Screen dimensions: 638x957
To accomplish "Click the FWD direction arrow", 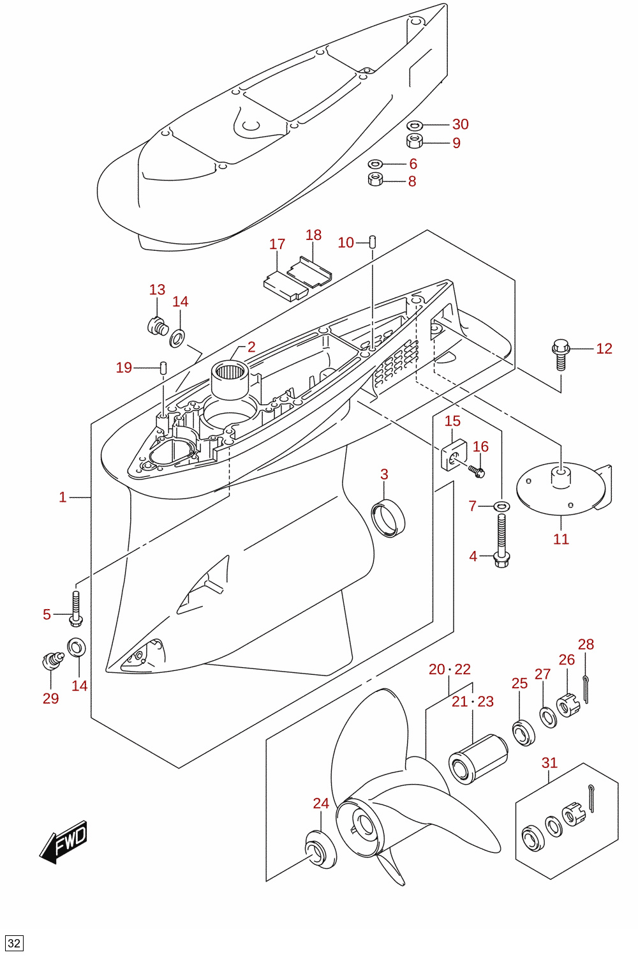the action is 63,841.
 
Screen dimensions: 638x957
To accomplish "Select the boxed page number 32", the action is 14,943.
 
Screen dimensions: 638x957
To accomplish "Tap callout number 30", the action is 461,124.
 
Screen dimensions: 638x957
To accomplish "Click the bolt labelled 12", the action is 561,354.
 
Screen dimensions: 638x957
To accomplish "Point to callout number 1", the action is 63,497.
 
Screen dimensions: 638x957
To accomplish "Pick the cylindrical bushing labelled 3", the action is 388,517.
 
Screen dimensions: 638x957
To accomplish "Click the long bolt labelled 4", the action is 501,541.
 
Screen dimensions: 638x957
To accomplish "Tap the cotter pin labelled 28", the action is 587,689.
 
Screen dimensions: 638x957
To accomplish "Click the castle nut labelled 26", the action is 568,706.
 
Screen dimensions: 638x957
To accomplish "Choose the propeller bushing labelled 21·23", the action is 478,759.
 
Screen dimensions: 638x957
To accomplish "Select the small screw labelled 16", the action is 477,471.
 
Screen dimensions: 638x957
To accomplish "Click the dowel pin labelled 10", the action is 372,242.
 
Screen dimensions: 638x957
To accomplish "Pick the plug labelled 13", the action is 157,326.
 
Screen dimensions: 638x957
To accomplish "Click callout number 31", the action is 549,763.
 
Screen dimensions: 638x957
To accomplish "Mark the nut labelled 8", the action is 375,179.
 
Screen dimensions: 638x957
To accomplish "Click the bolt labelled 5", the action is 75,608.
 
